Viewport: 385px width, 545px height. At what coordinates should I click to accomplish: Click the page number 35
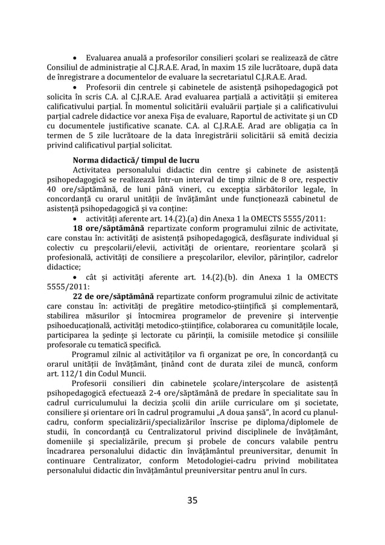tap(192, 499)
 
